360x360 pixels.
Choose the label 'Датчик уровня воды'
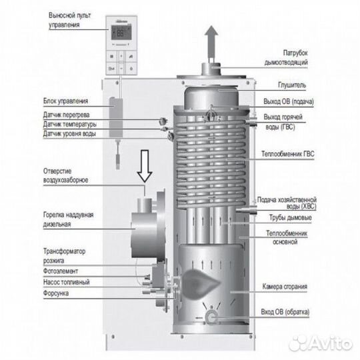(66, 133)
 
